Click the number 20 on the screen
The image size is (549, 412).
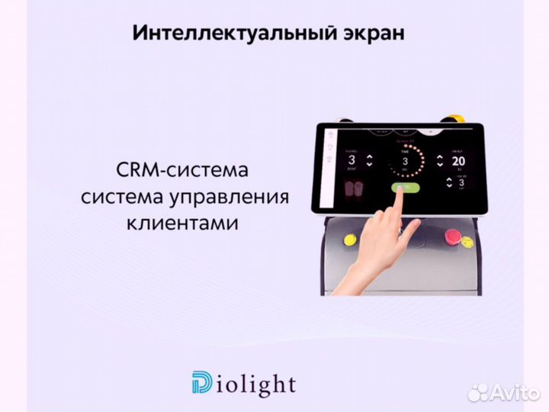pyautogui.click(x=457, y=161)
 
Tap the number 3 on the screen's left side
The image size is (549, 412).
pyautogui.click(x=352, y=161)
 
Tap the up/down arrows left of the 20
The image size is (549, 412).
pyautogui.click(x=439, y=161)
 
